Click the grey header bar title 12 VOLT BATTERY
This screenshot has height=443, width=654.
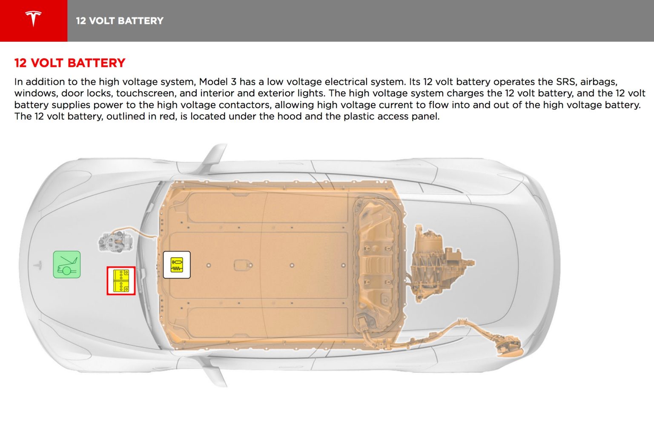(120, 21)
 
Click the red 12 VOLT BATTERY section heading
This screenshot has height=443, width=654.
(70, 63)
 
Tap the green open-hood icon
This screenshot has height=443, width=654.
(67, 265)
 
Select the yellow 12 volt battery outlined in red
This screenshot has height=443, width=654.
(121, 281)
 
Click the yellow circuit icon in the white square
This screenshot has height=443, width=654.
(177, 265)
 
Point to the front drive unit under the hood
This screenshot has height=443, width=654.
(116, 242)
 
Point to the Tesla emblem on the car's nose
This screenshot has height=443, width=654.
(37, 265)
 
